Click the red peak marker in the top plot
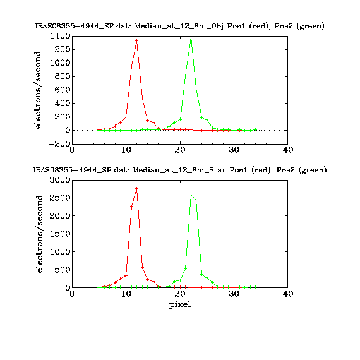tap(137, 40)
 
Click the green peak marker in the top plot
tap(191, 37)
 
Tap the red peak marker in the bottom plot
tap(137, 188)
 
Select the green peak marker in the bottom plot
tap(191, 195)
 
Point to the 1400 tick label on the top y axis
tap(60, 36)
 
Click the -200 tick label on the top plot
tap(59, 144)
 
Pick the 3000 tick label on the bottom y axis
tap(60, 180)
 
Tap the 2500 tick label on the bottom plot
tap(60, 198)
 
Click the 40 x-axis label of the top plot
tap(288, 150)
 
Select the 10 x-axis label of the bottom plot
tap(126, 294)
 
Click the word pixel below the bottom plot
tap(180, 304)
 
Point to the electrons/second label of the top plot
tap(37, 90)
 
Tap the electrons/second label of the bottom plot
tap(39, 234)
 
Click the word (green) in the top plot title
tap(311, 26)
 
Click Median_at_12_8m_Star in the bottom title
tap(179, 170)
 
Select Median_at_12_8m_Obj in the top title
tap(179, 26)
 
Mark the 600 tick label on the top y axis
tap(63, 90)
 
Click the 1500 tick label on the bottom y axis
tap(60, 234)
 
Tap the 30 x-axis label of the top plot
tap(234, 150)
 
